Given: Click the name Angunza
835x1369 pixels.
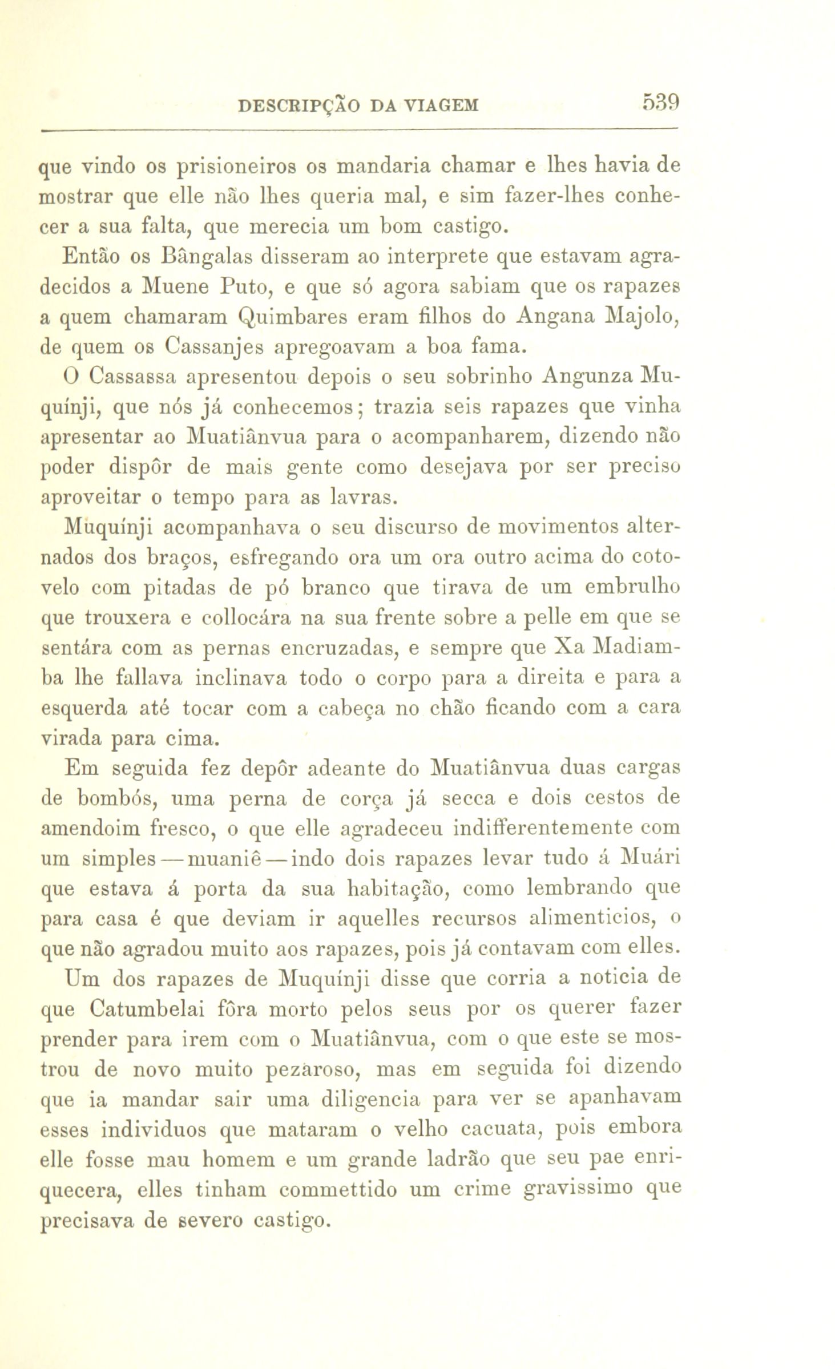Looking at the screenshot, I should (x=588, y=377).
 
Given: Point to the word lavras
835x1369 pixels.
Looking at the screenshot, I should (x=361, y=498).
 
